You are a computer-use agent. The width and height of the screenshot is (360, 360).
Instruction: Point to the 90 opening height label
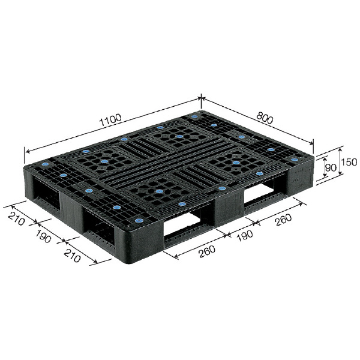click(329, 167)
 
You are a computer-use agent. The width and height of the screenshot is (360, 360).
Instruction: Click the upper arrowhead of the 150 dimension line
click(340, 148)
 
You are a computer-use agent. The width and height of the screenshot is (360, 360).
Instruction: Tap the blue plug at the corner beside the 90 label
click(293, 160)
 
